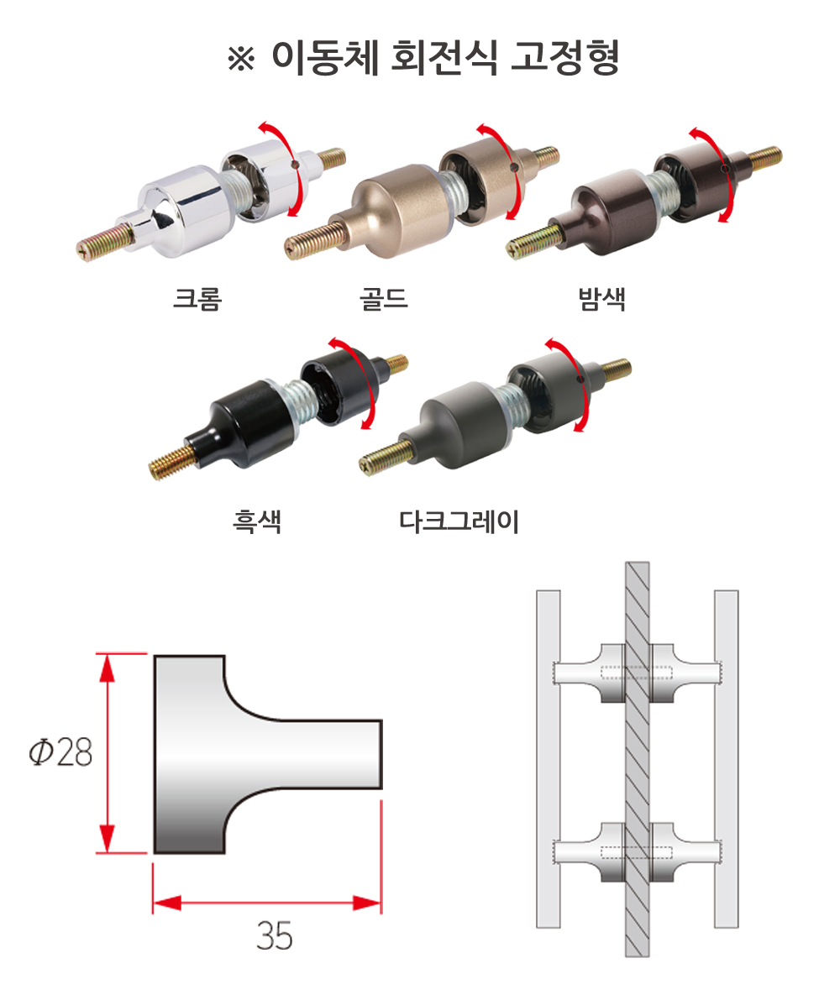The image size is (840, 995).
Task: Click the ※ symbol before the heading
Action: tap(241, 59)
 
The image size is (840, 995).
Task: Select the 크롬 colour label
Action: tap(197, 298)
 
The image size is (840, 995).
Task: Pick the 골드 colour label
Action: tap(384, 298)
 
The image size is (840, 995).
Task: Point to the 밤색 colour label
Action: tap(602, 298)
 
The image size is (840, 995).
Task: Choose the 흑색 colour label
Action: tap(256, 521)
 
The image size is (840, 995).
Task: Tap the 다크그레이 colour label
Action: tap(459, 521)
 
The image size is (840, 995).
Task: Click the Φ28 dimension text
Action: tap(61, 752)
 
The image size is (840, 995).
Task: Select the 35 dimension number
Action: tap(275, 935)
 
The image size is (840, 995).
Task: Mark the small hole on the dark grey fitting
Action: tap(580, 380)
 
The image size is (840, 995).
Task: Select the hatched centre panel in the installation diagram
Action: tap(637, 759)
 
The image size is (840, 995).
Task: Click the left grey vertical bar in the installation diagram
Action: tap(549, 759)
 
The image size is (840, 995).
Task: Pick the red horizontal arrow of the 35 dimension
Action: tap(267, 903)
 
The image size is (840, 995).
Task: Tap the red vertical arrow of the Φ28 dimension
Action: tap(108, 753)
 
